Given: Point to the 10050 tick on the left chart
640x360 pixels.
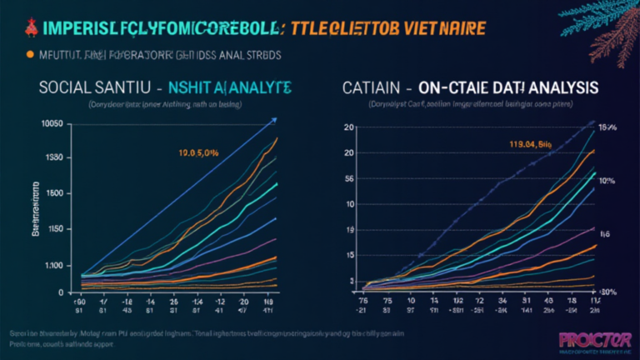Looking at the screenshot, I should (x=52, y=123).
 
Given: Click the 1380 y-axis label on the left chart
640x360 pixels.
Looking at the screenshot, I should (x=53, y=158).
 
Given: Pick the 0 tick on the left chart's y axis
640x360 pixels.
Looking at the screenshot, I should (x=60, y=292).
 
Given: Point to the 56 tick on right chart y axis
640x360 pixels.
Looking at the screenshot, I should (x=351, y=178).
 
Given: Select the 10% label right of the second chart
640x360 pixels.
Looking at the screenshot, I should (x=606, y=181).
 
